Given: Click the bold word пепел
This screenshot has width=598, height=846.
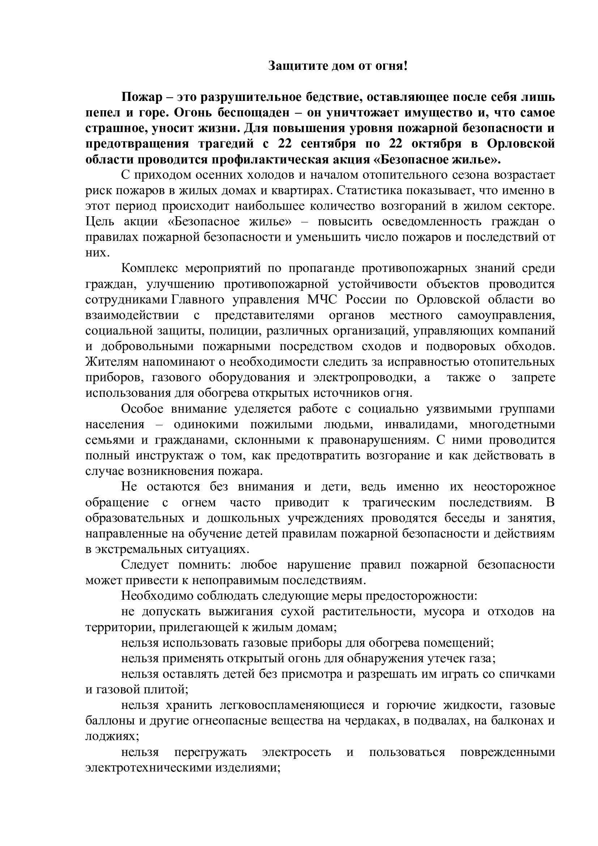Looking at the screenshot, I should point(102,113).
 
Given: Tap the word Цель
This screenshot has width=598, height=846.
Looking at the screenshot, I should point(99,222).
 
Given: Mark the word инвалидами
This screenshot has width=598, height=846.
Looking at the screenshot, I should point(421,424).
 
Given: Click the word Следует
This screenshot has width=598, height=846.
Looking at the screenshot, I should point(145,565).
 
